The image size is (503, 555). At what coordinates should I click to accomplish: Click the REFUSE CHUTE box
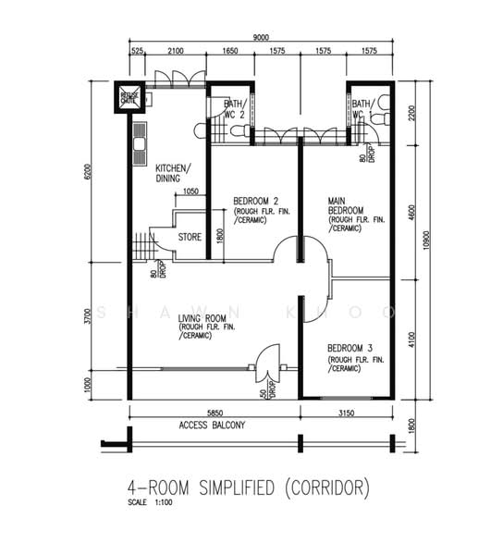125,96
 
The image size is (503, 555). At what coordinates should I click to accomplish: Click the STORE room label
190,238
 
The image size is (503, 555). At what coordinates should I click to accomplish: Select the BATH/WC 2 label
234,109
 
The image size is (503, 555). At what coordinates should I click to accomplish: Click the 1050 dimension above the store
190,192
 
